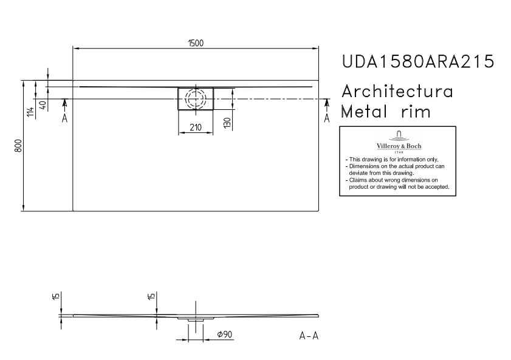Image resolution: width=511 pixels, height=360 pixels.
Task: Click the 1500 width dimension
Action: pyautogui.click(x=196, y=43)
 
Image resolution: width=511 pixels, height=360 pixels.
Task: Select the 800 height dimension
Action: pyautogui.click(x=18, y=146)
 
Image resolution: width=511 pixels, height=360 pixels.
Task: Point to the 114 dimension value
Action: pyautogui.click(x=30, y=112)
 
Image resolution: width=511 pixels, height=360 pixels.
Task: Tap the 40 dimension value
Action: pyautogui.click(x=43, y=105)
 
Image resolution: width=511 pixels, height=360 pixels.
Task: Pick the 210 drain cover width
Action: pyautogui.click(x=196, y=127)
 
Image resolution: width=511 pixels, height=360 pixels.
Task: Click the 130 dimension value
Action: pyautogui.click(x=227, y=123)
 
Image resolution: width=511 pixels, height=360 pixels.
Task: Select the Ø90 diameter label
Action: pyautogui.click(x=225, y=335)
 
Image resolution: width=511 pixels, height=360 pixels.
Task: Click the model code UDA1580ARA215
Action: pyautogui.click(x=418, y=61)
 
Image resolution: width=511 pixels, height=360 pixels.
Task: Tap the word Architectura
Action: pyautogui.click(x=397, y=91)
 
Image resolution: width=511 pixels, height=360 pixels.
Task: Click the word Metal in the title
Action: pyautogui.click(x=364, y=111)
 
